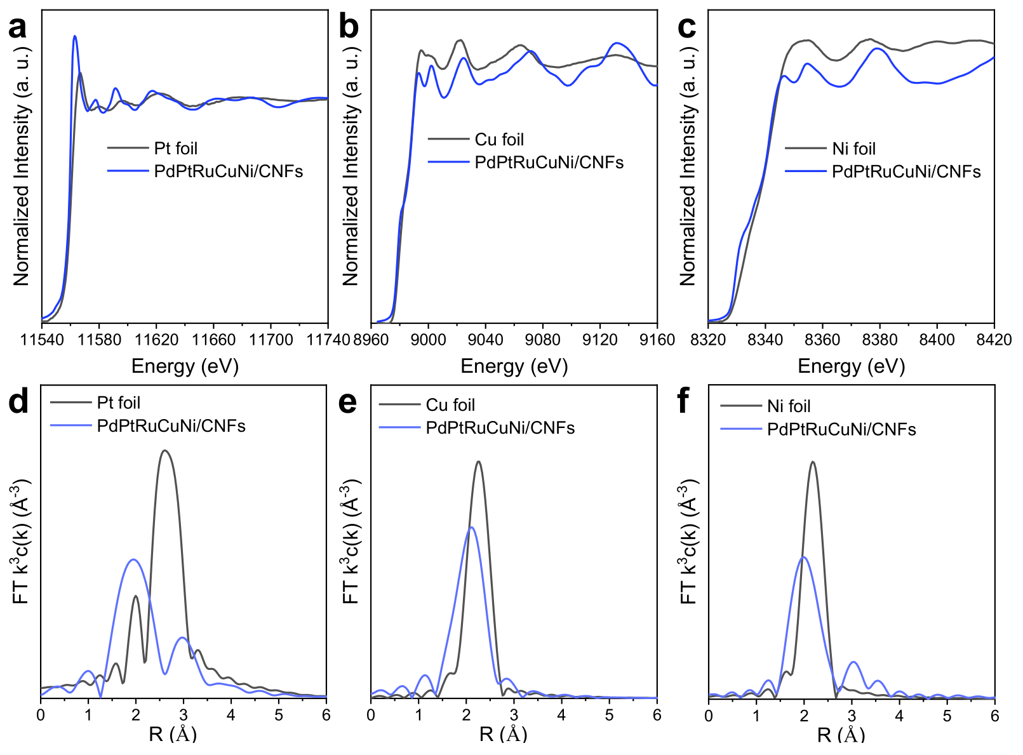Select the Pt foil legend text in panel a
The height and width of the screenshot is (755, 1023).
(176, 149)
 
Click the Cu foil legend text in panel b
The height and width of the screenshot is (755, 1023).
(499, 140)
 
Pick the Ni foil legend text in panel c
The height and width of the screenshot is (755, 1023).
(853, 149)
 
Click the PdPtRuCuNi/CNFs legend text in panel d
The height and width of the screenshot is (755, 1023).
(171, 425)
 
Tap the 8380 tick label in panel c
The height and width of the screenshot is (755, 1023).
(879, 340)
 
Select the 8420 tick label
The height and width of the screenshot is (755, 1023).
(994, 340)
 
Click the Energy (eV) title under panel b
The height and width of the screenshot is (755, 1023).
(514, 366)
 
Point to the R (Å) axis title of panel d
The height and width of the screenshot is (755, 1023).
(173, 735)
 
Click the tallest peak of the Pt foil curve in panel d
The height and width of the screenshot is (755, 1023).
(165, 451)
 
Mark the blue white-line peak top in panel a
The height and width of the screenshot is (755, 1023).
(75, 36)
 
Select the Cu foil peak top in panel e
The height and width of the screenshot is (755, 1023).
(478, 462)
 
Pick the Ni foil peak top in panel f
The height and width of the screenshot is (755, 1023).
(812, 462)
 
